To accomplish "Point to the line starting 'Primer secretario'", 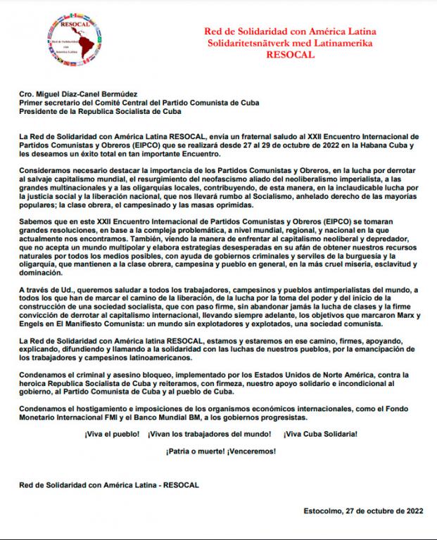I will (139, 102).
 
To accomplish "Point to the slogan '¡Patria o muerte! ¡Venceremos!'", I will (220, 451).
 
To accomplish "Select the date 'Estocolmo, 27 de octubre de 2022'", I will (362, 510).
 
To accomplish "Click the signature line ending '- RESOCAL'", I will (109, 485).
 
